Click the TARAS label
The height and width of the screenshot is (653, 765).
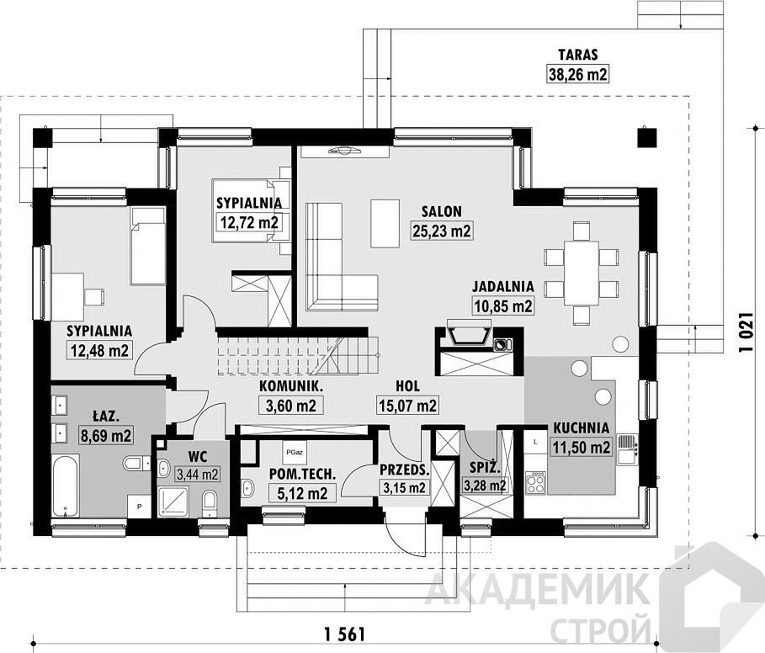(578, 54)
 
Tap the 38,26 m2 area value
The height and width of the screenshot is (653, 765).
(578, 75)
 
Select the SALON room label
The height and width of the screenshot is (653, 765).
(442, 211)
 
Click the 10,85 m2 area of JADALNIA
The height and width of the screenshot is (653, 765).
(503, 305)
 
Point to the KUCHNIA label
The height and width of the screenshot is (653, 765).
(581, 427)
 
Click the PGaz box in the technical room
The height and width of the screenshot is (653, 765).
(295, 452)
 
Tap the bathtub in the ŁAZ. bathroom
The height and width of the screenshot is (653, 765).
(65, 486)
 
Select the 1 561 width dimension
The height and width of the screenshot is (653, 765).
(344, 634)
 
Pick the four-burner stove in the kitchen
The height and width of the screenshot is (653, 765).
(535, 483)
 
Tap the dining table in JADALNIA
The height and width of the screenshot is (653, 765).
(581, 273)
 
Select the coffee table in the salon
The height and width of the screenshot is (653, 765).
(385, 223)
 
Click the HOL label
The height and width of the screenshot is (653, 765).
(408, 385)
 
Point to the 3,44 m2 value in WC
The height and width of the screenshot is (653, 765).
(198, 474)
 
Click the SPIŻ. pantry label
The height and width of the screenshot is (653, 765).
(485, 468)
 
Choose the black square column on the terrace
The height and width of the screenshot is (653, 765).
(646, 137)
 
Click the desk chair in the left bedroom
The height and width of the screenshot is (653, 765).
(94, 296)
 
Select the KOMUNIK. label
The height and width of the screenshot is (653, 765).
(291, 385)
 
